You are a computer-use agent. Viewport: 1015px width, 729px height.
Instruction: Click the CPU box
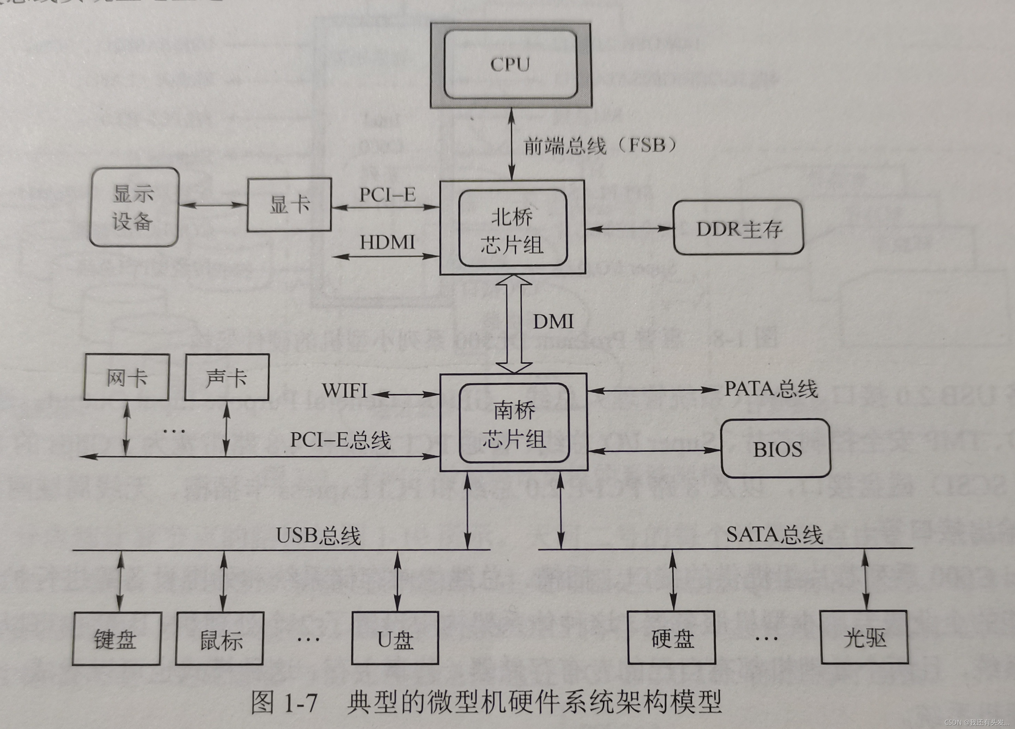pyautogui.click(x=510, y=65)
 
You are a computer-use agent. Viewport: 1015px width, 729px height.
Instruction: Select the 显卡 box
pyautogui.click(x=289, y=205)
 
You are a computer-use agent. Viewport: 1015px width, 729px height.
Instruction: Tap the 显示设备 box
pyautogui.click(x=134, y=207)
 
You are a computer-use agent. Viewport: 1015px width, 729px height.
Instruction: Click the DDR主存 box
pyautogui.click(x=739, y=228)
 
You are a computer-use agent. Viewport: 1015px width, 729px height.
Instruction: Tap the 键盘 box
pyautogui.click(x=116, y=638)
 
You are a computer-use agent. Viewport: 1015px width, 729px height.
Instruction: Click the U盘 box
pyautogui.click(x=395, y=638)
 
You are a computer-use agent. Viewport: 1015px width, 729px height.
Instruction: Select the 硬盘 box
pyautogui.click(x=671, y=638)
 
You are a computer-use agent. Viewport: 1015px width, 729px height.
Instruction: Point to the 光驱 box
pyautogui.click(x=864, y=637)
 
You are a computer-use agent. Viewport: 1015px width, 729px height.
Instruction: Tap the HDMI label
pyautogui.click(x=387, y=243)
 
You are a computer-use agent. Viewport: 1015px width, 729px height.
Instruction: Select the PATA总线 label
pyautogui.click(x=771, y=389)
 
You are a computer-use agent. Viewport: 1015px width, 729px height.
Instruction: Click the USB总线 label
pyautogui.click(x=318, y=535)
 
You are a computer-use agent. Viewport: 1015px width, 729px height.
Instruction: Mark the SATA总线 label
pyautogui.click(x=774, y=534)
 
